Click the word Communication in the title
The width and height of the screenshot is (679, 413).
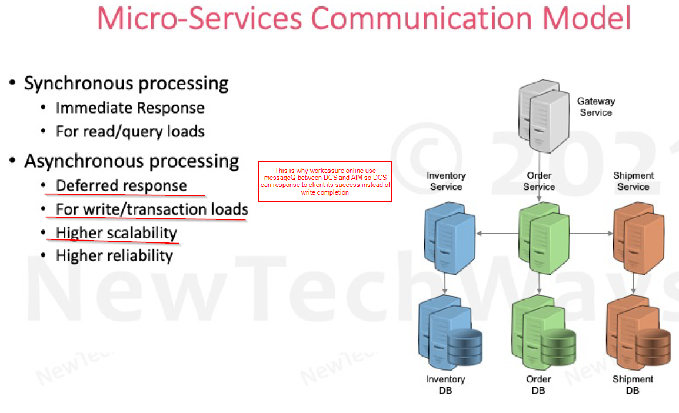pyautogui.click(x=421, y=18)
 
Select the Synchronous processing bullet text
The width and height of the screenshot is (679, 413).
pyautogui.click(x=126, y=83)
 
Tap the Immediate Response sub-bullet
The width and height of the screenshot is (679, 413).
pyautogui.click(x=130, y=107)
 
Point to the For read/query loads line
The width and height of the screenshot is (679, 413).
pyautogui.click(x=130, y=131)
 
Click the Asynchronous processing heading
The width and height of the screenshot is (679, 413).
pyautogui.click(x=132, y=161)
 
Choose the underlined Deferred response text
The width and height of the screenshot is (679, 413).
pyautogui.click(x=121, y=186)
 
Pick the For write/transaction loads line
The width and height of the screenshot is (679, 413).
pyautogui.click(x=152, y=209)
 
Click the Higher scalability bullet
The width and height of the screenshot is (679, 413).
pyautogui.click(x=117, y=233)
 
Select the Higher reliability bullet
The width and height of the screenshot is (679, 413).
pyautogui.click(x=114, y=256)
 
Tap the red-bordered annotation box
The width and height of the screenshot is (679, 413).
pyautogui.click(x=325, y=182)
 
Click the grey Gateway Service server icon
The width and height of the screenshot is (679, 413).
pyautogui.click(x=544, y=115)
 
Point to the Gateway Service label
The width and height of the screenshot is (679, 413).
pyautogui.click(x=596, y=106)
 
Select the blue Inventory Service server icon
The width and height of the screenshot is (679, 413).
pyautogui.click(x=450, y=238)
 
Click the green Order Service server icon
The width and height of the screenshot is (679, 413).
pyautogui.click(x=544, y=238)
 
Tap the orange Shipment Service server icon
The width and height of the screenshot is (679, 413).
pyautogui.click(x=638, y=238)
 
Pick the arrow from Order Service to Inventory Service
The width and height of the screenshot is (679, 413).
pyautogui.click(x=498, y=234)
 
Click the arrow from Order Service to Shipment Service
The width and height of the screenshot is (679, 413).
pyautogui.click(x=591, y=234)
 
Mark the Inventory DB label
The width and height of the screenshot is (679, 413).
pyautogui.click(x=445, y=385)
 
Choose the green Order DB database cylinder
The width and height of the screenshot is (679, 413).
pyautogui.click(x=558, y=347)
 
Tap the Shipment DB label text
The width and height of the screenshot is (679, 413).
pyautogui.click(x=633, y=385)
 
